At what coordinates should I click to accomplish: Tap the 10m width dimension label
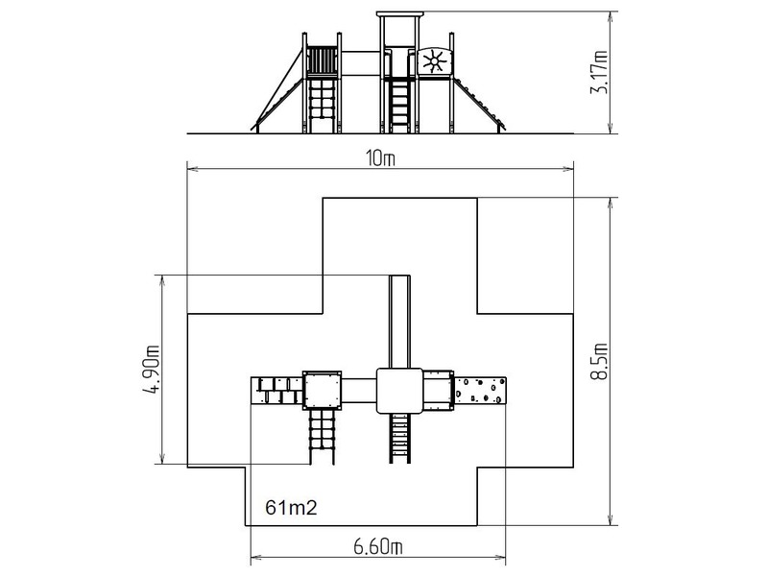coord(380,158)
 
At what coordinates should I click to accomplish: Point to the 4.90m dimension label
coord(151,370)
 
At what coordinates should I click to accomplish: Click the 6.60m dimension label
coord(378,546)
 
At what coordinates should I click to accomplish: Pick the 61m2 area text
coord(291,508)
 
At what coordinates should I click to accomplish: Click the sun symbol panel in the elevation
coord(434,61)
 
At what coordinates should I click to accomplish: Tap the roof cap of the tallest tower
coord(399,13)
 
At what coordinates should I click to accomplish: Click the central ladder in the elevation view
coord(400,106)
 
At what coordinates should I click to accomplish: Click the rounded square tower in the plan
coord(399,391)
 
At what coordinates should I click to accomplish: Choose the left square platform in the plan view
coord(322,390)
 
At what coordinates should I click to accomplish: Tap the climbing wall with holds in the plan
coord(480,390)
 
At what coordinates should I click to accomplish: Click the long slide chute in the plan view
coord(399,322)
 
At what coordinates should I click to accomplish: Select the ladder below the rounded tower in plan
coord(399,438)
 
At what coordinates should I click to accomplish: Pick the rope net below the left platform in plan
coord(322,437)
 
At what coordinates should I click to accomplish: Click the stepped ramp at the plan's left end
coord(276,391)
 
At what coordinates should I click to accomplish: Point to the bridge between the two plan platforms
coord(359,390)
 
